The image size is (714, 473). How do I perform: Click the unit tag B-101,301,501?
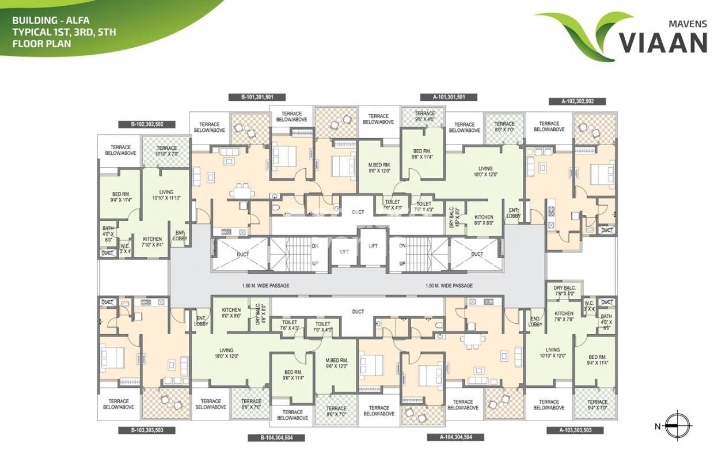click(257, 97)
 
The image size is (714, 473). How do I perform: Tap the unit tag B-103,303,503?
click(146, 430)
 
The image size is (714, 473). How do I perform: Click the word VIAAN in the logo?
click(662, 43)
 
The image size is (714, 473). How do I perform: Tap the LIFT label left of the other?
click(344, 251)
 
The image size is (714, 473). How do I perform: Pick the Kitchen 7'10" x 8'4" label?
click(152, 241)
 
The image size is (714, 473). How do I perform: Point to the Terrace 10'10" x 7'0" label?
click(166, 152)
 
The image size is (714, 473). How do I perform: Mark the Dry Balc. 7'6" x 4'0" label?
click(564, 290)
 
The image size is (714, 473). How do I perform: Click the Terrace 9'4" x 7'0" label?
click(597, 404)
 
